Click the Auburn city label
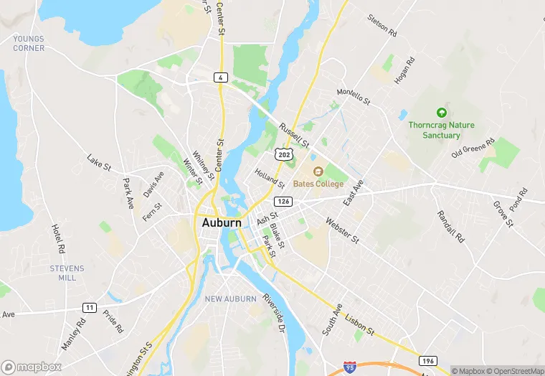[x=222, y=222]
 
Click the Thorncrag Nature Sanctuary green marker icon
[x=441, y=113]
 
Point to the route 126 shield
[x=284, y=202]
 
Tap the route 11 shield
[x=89, y=307]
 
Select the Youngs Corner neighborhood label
[x=28, y=44]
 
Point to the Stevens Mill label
[x=67, y=273]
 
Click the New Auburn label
[x=230, y=299]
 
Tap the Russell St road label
[x=294, y=133]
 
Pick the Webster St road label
[x=342, y=230]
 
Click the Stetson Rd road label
[x=381, y=25]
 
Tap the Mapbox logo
[x=32, y=367]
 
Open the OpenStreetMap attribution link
[x=515, y=371]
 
